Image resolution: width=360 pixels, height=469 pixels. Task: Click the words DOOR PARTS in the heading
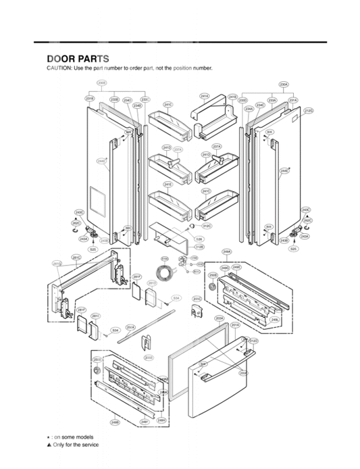(x=78, y=59)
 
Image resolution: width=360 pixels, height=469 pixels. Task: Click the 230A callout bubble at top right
(x=284, y=84)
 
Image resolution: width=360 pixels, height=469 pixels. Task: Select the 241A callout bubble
(x=204, y=97)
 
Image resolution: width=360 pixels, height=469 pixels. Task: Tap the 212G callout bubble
(x=308, y=110)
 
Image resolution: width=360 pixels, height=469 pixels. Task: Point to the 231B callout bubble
(x=89, y=99)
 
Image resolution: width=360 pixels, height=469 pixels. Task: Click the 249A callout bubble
(x=228, y=251)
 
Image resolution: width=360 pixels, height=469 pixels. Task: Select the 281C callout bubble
(x=77, y=257)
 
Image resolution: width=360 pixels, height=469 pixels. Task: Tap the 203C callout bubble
(x=197, y=298)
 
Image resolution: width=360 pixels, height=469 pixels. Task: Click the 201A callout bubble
(x=235, y=324)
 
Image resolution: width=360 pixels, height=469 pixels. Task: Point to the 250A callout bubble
(x=130, y=327)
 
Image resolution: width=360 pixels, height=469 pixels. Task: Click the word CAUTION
(x=58, y=69)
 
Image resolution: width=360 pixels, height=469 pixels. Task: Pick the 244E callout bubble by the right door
(x=285, y=171)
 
